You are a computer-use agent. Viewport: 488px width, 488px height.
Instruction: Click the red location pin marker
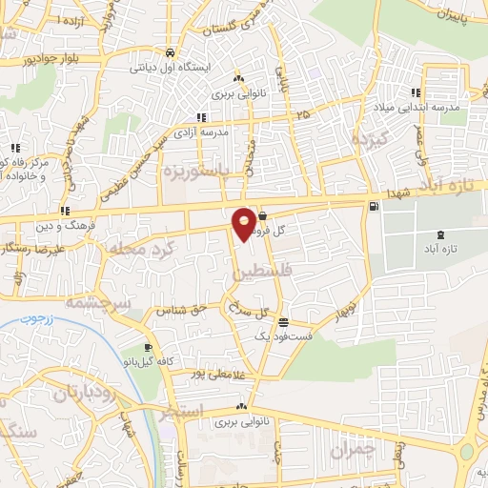pos(245,223)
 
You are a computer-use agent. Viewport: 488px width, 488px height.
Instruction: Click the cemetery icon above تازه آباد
pos(439,234)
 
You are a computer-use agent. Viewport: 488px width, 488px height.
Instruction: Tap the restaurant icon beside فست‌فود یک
pos(283,323)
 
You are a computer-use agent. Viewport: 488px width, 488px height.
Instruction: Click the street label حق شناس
pos(186,311)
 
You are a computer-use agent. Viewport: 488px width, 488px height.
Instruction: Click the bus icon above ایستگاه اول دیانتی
pos(170,53)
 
